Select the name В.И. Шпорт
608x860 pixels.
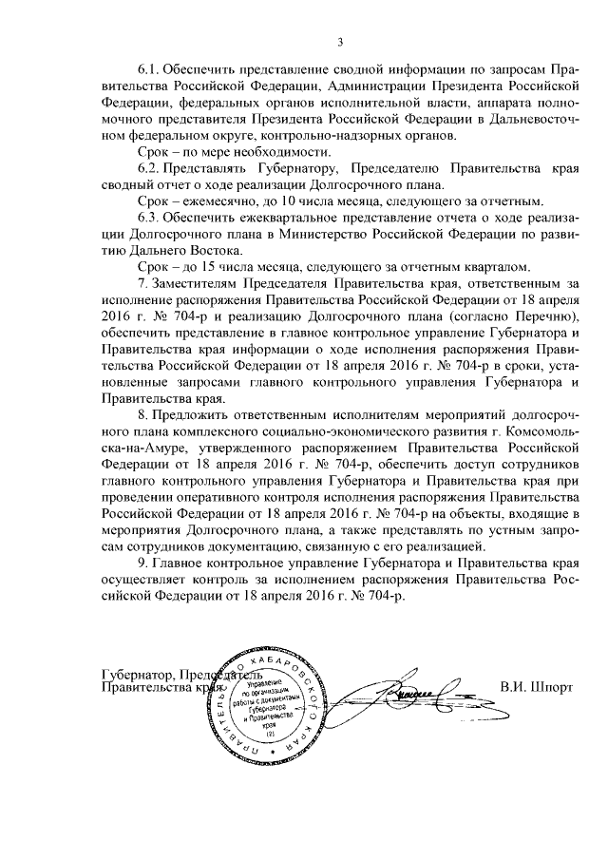pos(538,684)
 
